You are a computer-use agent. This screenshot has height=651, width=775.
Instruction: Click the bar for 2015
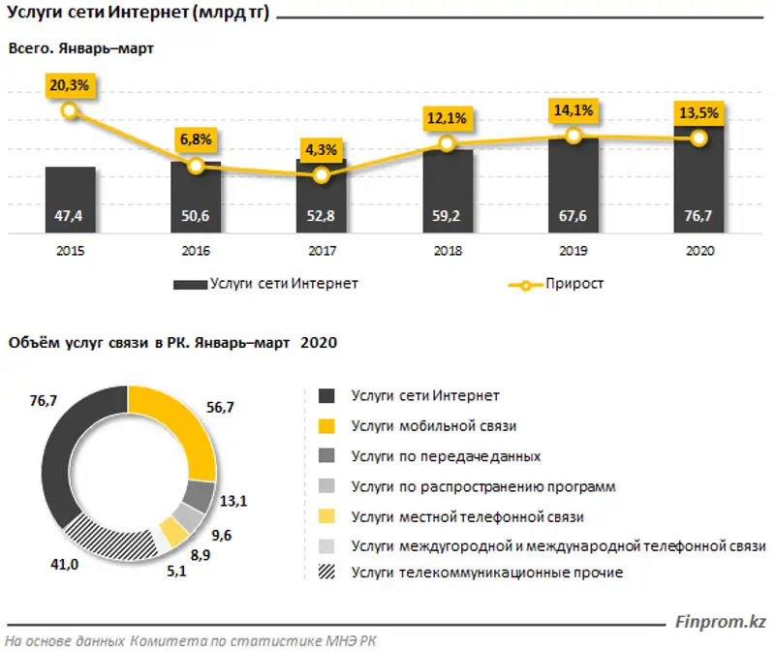70,201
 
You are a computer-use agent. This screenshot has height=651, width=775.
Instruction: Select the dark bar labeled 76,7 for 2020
699,181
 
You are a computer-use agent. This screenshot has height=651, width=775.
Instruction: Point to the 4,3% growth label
322,150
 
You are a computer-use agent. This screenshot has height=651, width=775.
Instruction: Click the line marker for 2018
447,143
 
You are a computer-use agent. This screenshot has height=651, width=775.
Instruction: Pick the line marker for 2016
196,166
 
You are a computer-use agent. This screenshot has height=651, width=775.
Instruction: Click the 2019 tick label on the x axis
573,250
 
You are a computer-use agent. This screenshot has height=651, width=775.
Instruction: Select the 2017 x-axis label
322,250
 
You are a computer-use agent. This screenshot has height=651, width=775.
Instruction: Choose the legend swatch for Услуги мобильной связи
326,426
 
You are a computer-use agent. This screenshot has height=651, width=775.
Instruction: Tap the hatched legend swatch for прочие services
326,573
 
